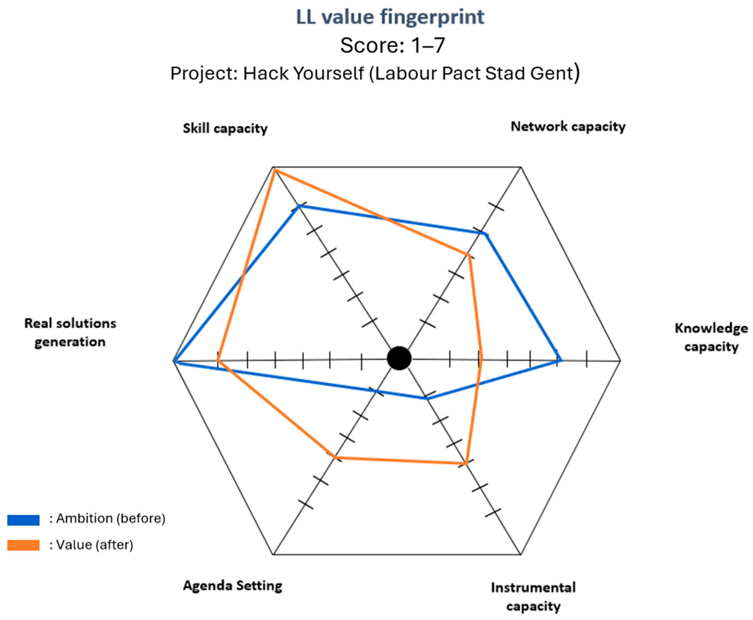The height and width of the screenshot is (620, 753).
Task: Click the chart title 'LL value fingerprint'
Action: tap(390, 17)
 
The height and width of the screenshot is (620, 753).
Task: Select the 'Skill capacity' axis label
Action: tap(225, 128)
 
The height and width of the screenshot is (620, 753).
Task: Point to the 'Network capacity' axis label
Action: tap(568, 126)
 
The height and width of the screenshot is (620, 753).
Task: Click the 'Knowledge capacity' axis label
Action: tap(711, 337)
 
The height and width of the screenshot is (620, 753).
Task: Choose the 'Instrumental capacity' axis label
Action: tap(533, 597)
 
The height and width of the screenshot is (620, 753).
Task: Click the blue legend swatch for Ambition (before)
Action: tap(23, 520)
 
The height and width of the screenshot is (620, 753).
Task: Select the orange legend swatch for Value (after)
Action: tap(23, 545)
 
